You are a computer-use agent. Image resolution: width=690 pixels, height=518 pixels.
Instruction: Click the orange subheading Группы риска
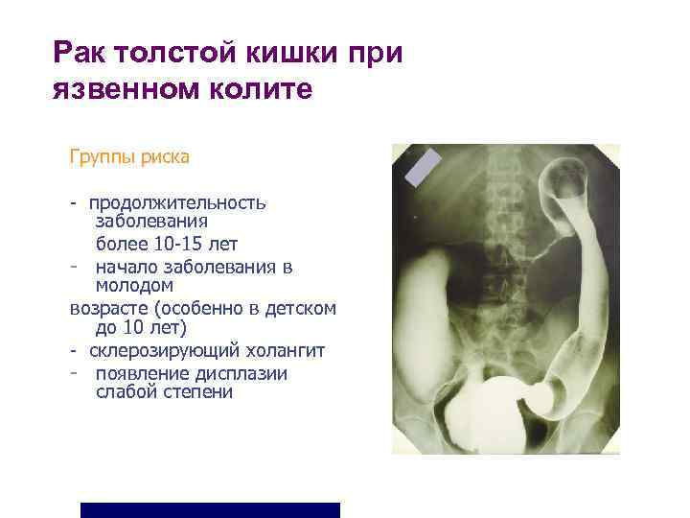coord(128,155)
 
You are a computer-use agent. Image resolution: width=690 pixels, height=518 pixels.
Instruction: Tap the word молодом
coord(134,285)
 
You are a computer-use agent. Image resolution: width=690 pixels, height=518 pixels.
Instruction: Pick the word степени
coord(198,392)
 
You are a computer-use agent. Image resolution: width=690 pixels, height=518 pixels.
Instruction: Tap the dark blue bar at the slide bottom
coord(210,509)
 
